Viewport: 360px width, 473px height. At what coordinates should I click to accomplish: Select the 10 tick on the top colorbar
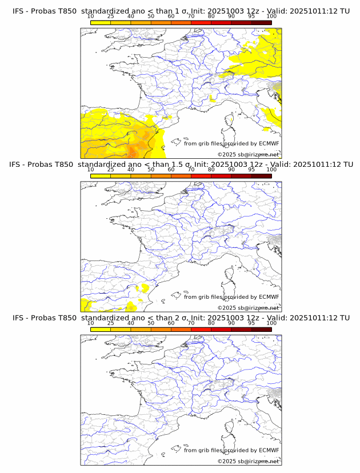pyautogui.click(x=91, y=16)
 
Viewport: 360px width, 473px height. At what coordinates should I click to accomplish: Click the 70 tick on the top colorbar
pyautogui.click(x=191, y=16)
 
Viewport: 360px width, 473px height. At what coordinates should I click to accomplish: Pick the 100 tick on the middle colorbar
pyautogui.click(x=271, y=169)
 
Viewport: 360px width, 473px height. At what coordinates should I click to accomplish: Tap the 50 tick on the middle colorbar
pyautogui.click(x=151, y=169)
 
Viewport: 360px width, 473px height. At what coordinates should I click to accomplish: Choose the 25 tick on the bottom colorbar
pyautogui.click(x=111, y=323)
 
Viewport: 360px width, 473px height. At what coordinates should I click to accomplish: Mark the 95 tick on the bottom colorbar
pyautogui.click(x=251, y=323)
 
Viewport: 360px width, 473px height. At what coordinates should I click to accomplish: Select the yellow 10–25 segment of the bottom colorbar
pyautogui.click(x=101, y=329)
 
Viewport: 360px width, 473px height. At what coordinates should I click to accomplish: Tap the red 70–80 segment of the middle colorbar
pyautogui.click(x=201, y=175)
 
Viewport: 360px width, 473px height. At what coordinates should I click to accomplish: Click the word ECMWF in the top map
pyautogui.click(x=269, y=143)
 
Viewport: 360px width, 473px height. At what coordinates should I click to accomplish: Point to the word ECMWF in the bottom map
pyautogui.click(x=269, y=450)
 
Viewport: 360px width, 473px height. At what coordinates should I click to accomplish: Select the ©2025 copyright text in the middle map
pyautogui.click(x=226, y=307)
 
